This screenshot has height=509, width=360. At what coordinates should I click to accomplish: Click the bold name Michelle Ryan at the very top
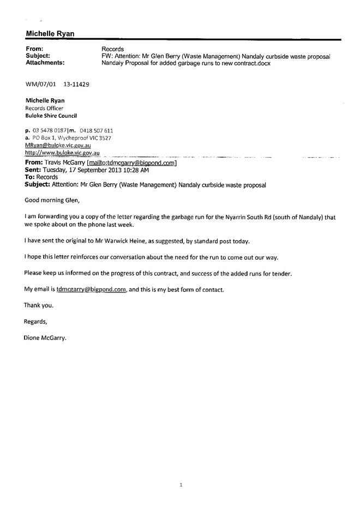(x=50, y=34)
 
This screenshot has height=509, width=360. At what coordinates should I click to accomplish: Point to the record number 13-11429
(x=76, y=86)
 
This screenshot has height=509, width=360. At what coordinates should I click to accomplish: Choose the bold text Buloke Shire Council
(x=51, y=116)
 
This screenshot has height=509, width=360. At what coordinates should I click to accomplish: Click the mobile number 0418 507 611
(x=97, y=131)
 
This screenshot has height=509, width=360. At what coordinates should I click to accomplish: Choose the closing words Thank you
(x=38, y=306)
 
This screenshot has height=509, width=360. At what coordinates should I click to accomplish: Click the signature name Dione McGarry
(x=45, y=338)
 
